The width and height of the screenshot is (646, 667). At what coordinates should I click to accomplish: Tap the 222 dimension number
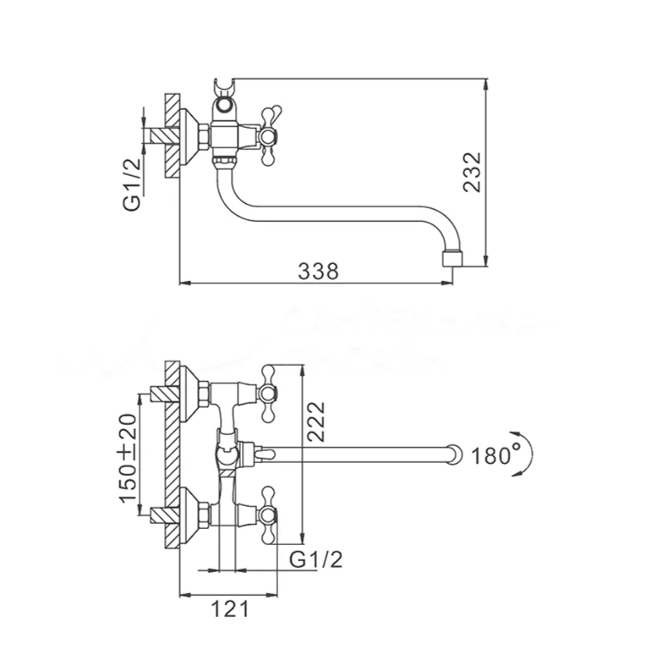315,419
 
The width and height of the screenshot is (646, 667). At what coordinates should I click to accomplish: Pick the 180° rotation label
494,455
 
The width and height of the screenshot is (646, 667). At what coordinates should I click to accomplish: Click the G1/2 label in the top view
132,185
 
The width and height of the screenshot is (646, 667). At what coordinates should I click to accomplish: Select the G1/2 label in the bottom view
315,559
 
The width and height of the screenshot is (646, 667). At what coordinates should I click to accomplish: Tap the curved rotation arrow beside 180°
527,455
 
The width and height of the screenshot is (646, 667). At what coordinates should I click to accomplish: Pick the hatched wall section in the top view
172,135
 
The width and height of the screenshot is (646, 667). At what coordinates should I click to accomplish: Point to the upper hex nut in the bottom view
204,393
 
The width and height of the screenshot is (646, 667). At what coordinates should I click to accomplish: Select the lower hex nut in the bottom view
204,513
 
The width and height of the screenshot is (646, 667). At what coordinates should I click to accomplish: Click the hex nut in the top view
203,135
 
